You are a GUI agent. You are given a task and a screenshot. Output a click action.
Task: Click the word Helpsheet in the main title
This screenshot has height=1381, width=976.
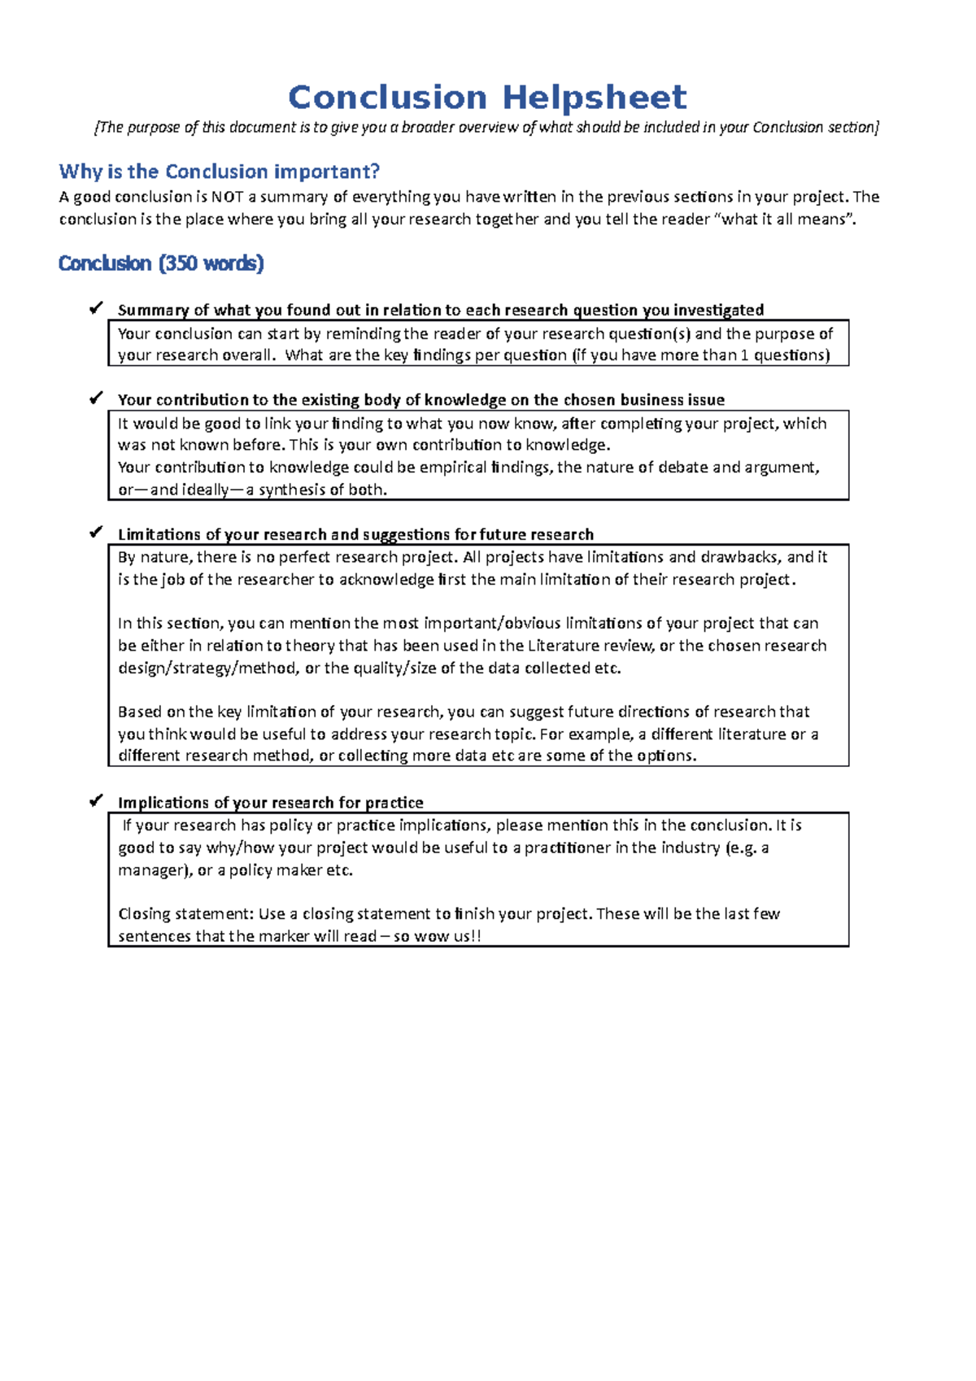[x=594, y=98]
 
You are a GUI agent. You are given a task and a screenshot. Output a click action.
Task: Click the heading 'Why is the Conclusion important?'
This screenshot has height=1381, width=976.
[x=219, y=172]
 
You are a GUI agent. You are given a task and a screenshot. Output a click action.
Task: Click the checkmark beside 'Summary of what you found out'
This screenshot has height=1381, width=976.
[x=96, y=308]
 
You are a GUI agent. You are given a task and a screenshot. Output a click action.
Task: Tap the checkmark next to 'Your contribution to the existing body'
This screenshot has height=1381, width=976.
[x=96, y=398]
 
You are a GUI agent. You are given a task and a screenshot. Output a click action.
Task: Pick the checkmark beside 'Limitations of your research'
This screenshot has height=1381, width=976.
[x=96, y=533]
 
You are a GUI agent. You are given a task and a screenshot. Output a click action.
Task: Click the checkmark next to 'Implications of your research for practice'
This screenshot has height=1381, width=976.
[x=96, y=801]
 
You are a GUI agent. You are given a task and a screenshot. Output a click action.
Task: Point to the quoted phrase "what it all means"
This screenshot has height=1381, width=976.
[x=788, y=220]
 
